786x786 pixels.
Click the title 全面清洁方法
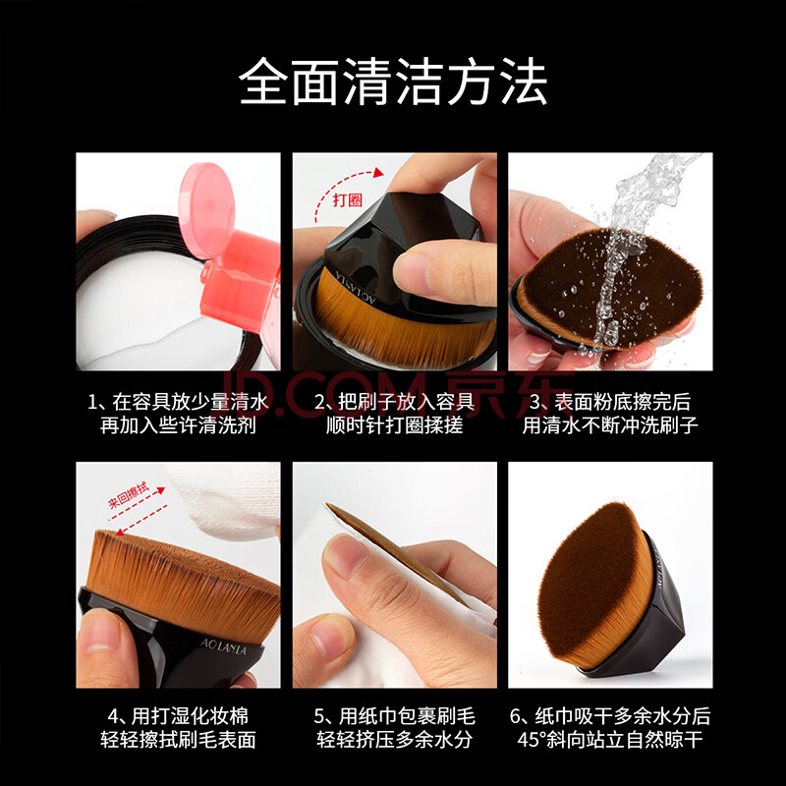pyautogui.click(x=393, y=82)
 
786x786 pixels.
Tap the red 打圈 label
pyautogui.click(x=348, y=200)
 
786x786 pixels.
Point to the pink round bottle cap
pyautogui.click(x=206, y=209)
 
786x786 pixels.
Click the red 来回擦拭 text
pyautogui.click(x=129, y=495)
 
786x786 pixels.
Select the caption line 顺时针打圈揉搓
pyautogui.click(x=394, y=425)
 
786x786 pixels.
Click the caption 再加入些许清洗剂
pyautogui.click(x=178, y=425)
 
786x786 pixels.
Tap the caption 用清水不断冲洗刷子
pyautogui.click(x=610, y=425)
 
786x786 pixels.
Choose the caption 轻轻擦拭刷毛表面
pyautogui.click(x=178, y=740)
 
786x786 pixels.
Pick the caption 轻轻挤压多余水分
pyautogui.click(x=394, y=740)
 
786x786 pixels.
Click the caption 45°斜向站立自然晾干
pyautogui.click(x=610, y=740)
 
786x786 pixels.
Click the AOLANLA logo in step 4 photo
pyautogui.click(x=224, y=646)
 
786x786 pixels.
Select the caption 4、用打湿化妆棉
pyautogui.click(x=178, y=716)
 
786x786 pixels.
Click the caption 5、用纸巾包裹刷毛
pyautogui.click(x=394, y=716)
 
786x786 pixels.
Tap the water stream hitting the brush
pyautogui.click(x=627, y=251)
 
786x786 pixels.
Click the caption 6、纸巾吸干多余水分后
pyautogui.click(x=610, y=716)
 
